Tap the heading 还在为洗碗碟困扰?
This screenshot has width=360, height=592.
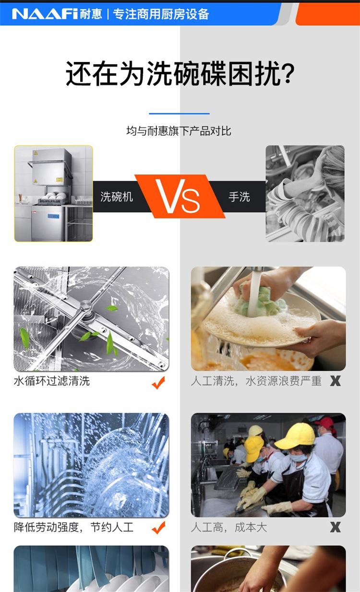coord(180,73)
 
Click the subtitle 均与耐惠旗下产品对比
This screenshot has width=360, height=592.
coord(179,131)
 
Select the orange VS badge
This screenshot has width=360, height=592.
coord(180,196)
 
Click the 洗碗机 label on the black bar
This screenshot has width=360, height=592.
coord(117,197)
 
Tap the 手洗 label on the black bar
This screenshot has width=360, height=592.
coord(240,197)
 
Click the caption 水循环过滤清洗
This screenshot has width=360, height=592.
coord(52,381)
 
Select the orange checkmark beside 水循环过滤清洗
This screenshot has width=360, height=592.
coord(158,382)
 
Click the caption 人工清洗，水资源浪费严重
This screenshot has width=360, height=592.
coord(256,381)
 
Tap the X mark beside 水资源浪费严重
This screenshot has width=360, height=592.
coord(336,381)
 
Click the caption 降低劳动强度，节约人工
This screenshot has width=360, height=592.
coord(74,527)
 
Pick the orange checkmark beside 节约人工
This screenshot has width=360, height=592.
coord(158,528)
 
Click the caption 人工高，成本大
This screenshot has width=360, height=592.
coord(229,527)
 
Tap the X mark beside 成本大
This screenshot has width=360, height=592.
coord(336,527)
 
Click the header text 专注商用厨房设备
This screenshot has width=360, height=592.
coord(161,14)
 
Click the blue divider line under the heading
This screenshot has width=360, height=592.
coord(180,114)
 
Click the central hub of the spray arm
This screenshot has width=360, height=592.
coord(85,306)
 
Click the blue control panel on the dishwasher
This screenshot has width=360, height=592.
coord(54,217)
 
